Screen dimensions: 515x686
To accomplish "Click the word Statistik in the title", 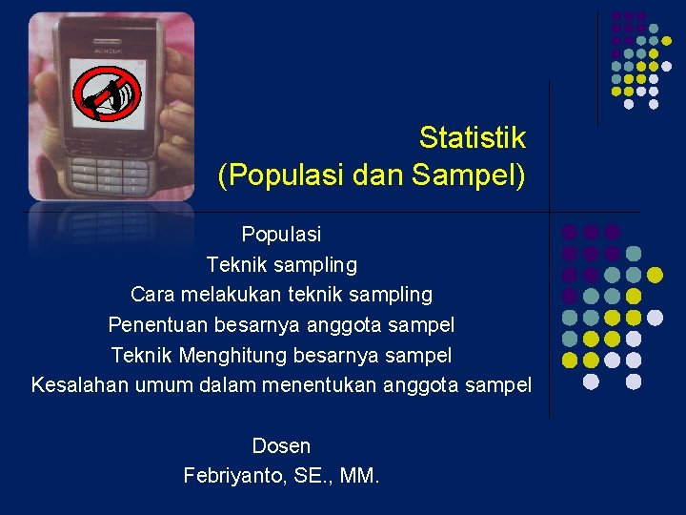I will [x=472, y=138].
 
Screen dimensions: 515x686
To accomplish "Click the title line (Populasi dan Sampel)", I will [x=372, y=176].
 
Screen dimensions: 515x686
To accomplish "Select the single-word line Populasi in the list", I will [x=281, y=234].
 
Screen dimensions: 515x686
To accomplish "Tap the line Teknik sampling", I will [x=281, y=264].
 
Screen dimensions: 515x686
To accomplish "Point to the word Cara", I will [x=152, y=295].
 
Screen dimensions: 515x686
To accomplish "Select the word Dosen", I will [x=281, y=445].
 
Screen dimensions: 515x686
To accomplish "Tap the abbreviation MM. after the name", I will [x=358, y=475].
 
